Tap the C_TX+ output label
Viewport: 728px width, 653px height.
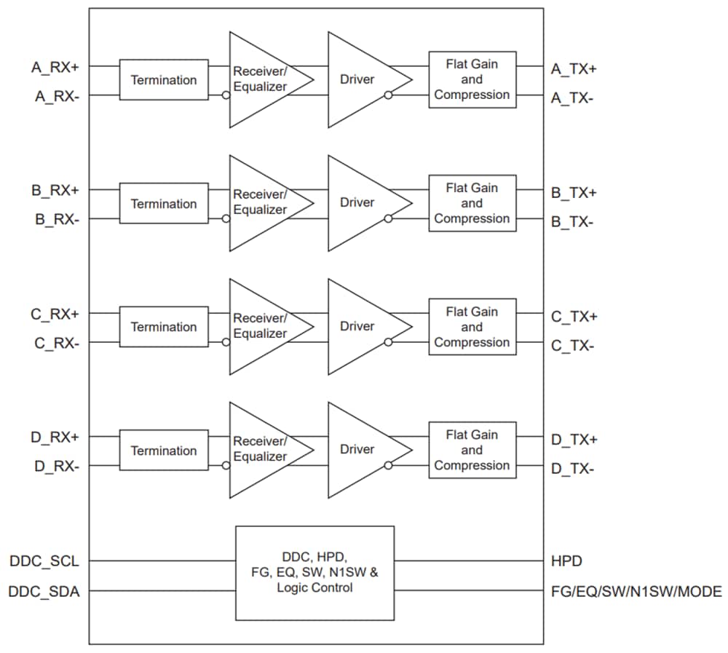(574, 317)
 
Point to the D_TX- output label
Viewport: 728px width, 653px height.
(571, 469)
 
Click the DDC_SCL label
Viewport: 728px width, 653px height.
(44, 561)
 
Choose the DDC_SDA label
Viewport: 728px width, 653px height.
(44, 592)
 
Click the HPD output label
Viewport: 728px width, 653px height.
(566, 561)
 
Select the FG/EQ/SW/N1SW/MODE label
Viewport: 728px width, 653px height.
(636, 592)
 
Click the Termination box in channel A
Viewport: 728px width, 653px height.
(163, 80)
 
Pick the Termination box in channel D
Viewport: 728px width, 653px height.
(163, 451)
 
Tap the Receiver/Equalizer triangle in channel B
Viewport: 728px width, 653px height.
(262, 202)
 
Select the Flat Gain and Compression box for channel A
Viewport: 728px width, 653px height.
(472, 79)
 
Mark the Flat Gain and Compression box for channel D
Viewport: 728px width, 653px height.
(472, 450)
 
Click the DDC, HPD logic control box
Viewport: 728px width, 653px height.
(314, 573)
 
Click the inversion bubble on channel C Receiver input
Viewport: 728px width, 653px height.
(226, 342)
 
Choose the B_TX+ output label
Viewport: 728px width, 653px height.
(574, 193)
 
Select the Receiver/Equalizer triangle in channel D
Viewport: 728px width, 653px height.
(262, 449)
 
